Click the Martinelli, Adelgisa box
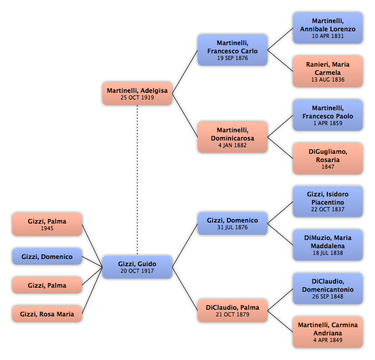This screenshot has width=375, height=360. tap(137, 94)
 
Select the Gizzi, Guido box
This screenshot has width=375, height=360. tap(137, 267)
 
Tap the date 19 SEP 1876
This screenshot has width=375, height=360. tap(233, 58)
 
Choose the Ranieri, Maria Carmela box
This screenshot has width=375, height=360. tap(328, 72)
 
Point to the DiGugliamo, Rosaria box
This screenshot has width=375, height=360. tap(328, 158)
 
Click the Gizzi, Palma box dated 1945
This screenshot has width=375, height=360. tap(47, 224)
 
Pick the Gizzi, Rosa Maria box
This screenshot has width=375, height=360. tap(47, 313)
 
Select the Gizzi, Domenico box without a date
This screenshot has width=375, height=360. tap(47, 256)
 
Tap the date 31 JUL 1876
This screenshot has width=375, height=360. tap(233, 227)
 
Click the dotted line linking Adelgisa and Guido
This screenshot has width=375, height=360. tap(137, 180)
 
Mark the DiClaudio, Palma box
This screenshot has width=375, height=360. tap(233, 310)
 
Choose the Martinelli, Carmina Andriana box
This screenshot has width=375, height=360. tap(328, 332)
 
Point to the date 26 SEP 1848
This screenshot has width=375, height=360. tap(328, 296)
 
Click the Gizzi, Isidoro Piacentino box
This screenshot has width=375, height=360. tap(328, 202)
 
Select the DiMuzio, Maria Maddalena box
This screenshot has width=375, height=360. tap(328, 245)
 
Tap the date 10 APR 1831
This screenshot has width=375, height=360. tap(328, 36)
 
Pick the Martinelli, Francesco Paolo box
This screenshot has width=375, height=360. tap(328, 115)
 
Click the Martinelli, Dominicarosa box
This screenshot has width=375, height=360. tap(233, 137)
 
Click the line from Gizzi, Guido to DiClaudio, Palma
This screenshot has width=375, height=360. tap(185, 289)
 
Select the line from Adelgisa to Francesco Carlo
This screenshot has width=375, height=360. tap(185, 72)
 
